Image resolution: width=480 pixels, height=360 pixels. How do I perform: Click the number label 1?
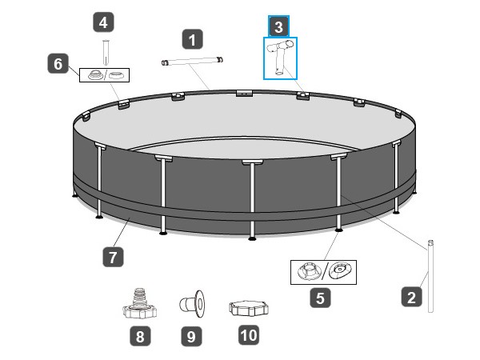point(192,37)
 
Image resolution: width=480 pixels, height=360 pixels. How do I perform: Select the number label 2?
point(411,298)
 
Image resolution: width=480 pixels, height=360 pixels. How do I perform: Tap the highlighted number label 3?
point(278,26)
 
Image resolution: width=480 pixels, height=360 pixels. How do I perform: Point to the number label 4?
point(102,22)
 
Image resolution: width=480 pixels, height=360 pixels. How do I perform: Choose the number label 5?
point(320,298)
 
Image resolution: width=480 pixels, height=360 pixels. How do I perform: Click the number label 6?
point(57,63)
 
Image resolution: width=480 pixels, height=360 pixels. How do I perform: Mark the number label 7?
point(113,257)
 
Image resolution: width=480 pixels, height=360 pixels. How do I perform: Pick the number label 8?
point(140,337)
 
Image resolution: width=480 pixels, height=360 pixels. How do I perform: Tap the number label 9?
point(190,337)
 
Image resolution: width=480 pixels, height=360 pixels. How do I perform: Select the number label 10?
point(248,335)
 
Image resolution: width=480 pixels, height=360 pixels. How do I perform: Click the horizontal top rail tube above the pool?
point(192,61)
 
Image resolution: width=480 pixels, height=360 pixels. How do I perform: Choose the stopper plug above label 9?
point(191,304)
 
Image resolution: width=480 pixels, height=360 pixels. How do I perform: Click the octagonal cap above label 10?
point(247,308)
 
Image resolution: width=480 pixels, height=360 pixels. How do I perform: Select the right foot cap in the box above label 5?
point(340,270)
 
